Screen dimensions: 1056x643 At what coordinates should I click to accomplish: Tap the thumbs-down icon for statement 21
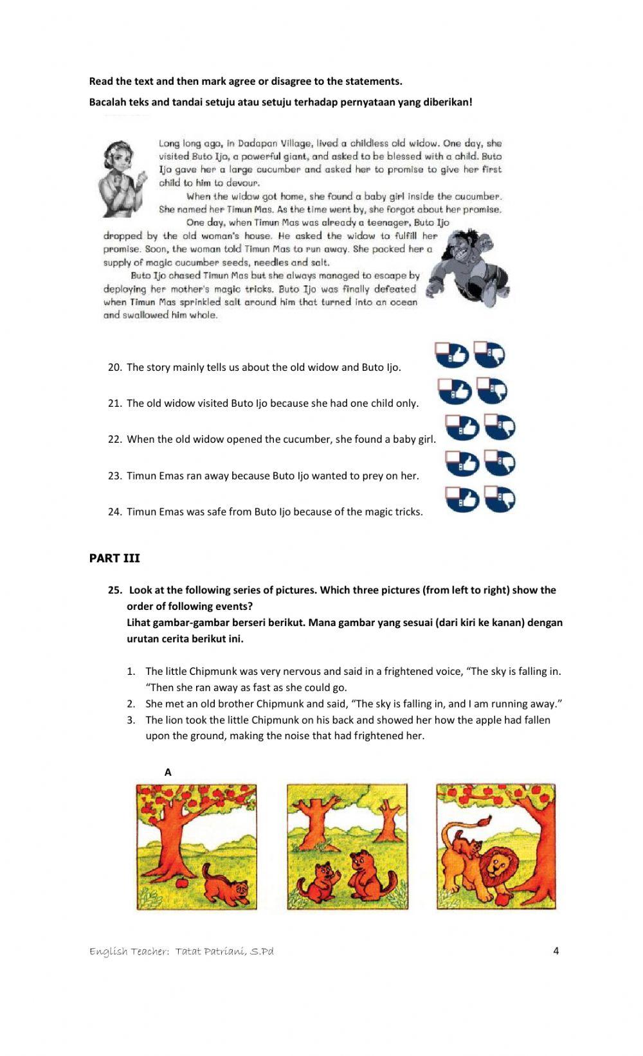[x=493, y=391]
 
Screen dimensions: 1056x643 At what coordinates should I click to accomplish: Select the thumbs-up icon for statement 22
[x=462, y=427]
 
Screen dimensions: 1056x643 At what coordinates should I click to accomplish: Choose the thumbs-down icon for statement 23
[x=500, y=463]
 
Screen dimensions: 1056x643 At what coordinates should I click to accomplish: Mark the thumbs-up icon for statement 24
[x=462, y=499]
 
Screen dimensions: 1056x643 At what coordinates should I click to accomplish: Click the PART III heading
[x=114, y=558]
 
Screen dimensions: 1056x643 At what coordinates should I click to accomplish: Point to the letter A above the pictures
[x=168, y=773]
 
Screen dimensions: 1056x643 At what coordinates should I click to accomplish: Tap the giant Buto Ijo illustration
[x=469, y=266]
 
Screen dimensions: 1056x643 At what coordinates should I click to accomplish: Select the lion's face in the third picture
[x=499, y=863]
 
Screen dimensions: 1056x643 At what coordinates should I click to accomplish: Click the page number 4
[x=556, y=951]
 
